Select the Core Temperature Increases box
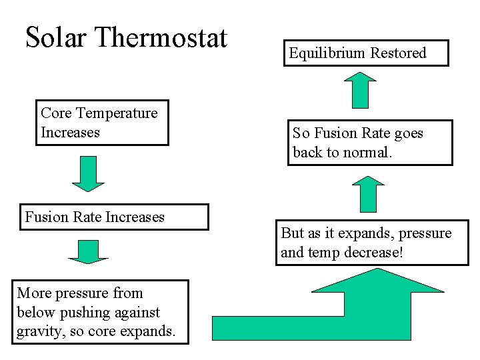pyautogui.click(x=101, y=123)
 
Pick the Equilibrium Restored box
pyautogui.click(x=366, y=53)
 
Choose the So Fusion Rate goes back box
pyautogui.click(x=370, y=143)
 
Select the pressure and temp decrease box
pyautogui.click(x=372, y=243)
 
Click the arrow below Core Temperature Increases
pyautogui.click(x=87, y=174)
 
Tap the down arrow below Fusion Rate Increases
pyautogui.click(x=87, y=251)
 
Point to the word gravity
pyautogui.click(x=38, y=331)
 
